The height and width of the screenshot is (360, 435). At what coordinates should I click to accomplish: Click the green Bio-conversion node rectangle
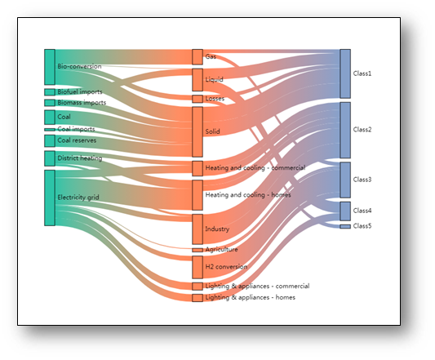[50, 67]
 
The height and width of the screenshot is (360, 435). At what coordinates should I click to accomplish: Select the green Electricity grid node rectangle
[50, 198]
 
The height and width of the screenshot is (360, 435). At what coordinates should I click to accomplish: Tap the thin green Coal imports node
[50, 130]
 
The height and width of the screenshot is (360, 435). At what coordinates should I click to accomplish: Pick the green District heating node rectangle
[50, 158]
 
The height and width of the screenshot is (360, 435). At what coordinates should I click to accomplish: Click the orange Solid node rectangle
[198, 132]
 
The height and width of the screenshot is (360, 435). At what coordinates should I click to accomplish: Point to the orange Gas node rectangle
[198, 57]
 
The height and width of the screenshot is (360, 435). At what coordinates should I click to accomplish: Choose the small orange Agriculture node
[198, 250]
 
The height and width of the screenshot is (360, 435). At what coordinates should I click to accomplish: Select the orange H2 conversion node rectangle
[198, 267]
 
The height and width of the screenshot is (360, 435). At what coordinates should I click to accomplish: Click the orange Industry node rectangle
[198, 229]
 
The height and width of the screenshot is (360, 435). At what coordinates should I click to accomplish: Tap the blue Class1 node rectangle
[345, 73]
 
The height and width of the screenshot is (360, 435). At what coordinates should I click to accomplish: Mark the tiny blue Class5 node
[345, 226]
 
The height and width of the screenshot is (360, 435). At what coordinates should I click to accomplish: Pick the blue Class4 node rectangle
[345, 211]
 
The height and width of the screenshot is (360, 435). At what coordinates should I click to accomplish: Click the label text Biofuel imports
[80, 91]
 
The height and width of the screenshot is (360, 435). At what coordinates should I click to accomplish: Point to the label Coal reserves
[77, 140]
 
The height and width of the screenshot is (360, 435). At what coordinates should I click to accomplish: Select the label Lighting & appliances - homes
[251, 297]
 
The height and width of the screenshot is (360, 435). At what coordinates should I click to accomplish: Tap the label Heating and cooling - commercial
[255, 167]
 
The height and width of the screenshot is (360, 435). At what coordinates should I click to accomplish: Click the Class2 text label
[362, 130]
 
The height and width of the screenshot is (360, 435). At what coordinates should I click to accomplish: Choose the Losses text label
[215, 99]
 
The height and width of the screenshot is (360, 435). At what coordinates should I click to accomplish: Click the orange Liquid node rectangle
[198, 80]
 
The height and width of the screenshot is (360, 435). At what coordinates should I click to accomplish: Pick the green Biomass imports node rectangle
[50, 103]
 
